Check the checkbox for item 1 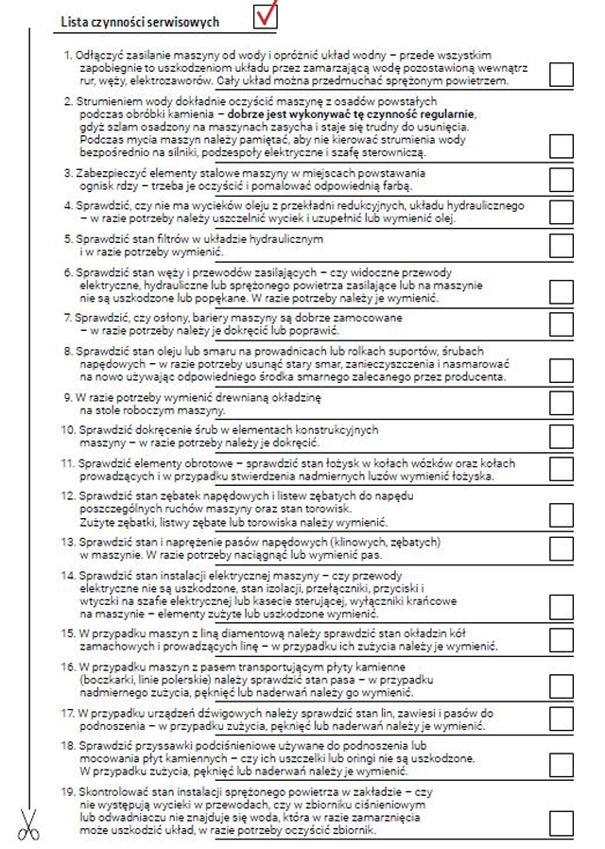click(x=561, y=75)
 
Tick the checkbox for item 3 click(x=561, y=180)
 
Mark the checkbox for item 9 click(x=561, y=405)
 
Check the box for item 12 click(x=561, y=514)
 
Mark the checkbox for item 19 click(x=561, y=823)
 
